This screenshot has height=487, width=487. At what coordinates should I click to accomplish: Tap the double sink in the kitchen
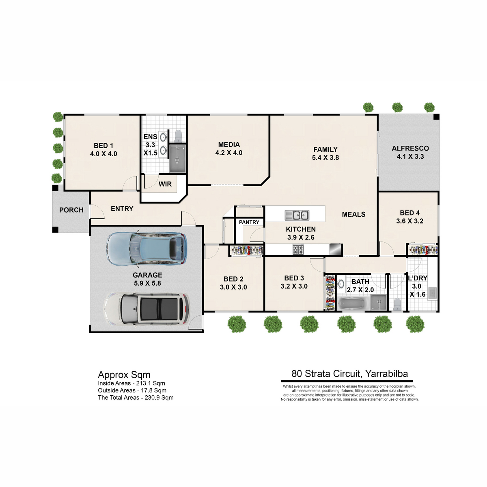pos(297,215)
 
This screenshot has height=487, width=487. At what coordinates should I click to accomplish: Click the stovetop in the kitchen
pos(298,249)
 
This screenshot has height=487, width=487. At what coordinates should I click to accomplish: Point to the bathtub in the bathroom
pos(353,304)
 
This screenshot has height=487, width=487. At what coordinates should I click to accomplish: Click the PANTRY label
pos(249,222)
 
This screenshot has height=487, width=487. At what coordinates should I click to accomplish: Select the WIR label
pos(165,184)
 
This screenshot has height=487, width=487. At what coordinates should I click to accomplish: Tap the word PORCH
pos(71,210)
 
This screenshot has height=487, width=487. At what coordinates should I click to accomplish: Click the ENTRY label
pos(122,209)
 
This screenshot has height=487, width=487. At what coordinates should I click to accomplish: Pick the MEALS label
pos(353,214)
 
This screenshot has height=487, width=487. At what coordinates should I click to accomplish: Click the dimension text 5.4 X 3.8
pos(325,157)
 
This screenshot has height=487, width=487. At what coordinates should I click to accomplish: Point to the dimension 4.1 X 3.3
pos(410,156)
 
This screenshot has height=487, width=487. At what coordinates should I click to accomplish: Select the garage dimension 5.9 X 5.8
pos(147,283)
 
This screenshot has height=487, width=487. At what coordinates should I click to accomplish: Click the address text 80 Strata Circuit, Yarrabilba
pos(349,373)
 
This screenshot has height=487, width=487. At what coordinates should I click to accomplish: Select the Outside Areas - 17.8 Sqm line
pos(132,390)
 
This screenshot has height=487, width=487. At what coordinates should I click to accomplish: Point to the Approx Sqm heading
pos(124,375)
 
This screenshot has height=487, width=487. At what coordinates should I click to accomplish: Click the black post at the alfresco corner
pos(436,116)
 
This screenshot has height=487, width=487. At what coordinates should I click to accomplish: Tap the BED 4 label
pos(409,213)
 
